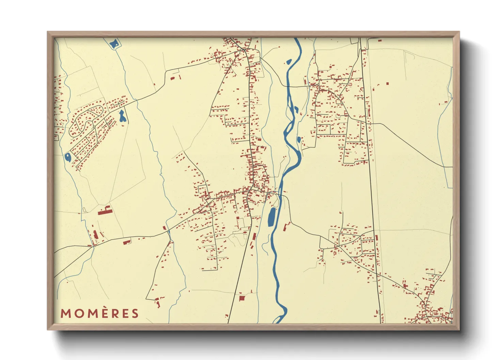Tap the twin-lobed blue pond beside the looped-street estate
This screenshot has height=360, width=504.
122,116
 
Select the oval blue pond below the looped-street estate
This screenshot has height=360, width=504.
67,157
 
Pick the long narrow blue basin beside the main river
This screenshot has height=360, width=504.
272,217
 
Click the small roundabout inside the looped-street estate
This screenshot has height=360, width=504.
94,127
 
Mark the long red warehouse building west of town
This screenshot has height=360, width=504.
105,212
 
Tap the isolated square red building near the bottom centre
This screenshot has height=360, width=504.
242,298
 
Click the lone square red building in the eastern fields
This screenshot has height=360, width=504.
387,83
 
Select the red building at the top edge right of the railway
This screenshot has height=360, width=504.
379,40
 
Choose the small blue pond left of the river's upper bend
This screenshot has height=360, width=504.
289,62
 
